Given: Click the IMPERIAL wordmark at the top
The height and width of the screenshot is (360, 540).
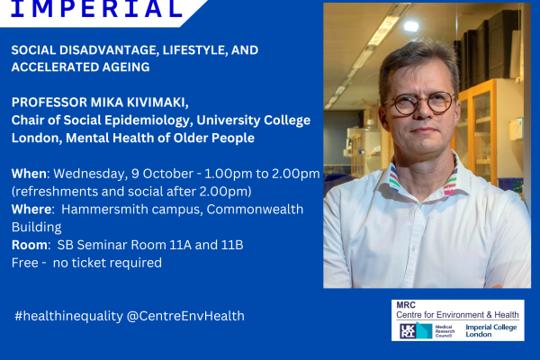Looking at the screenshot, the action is pyautogui.click(x=96, y=8).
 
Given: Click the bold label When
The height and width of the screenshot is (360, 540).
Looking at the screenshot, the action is pyautogui.click(x=29, y=174).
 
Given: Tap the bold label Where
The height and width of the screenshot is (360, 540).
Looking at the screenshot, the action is pyautogui.click(x=31, y=209).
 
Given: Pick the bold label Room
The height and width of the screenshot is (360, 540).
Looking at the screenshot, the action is pyautogui.click(x=30, y=245).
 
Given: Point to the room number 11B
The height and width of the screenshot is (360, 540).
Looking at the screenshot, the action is pyautogui.click(x=232, y=245).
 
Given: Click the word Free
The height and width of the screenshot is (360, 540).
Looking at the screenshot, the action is pyautogui.click(x=25, y=263).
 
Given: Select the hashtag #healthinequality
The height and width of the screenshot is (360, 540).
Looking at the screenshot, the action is pyautogui.click(x=68, y=316).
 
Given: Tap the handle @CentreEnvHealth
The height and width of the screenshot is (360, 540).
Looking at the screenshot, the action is pyautogui.click(x=185, y=316).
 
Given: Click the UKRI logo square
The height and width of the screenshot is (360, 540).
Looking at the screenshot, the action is pyautogui.click(x=408, y=331).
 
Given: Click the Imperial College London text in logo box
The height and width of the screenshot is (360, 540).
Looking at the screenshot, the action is pyautogui.click(x=491, y=330).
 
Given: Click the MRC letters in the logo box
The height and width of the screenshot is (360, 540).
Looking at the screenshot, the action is pyautogui.click(x=406, y=305).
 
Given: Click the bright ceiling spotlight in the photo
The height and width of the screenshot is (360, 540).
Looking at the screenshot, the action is pyautogui.click(x=411, y=26).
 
